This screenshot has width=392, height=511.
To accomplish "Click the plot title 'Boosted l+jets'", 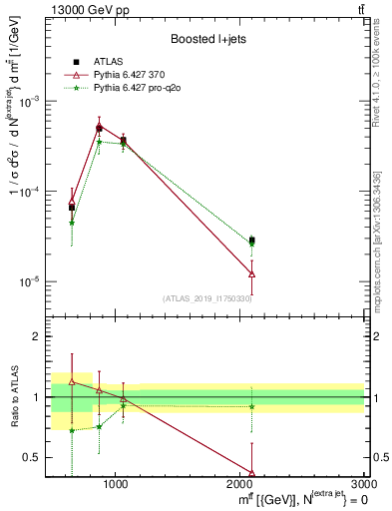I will tap(208, 39).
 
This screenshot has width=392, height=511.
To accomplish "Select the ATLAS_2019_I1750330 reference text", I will tap(208, 298).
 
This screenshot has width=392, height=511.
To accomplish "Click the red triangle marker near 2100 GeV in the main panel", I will tap(252, 273).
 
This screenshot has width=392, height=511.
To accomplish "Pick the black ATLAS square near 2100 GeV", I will tap(252, 241).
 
